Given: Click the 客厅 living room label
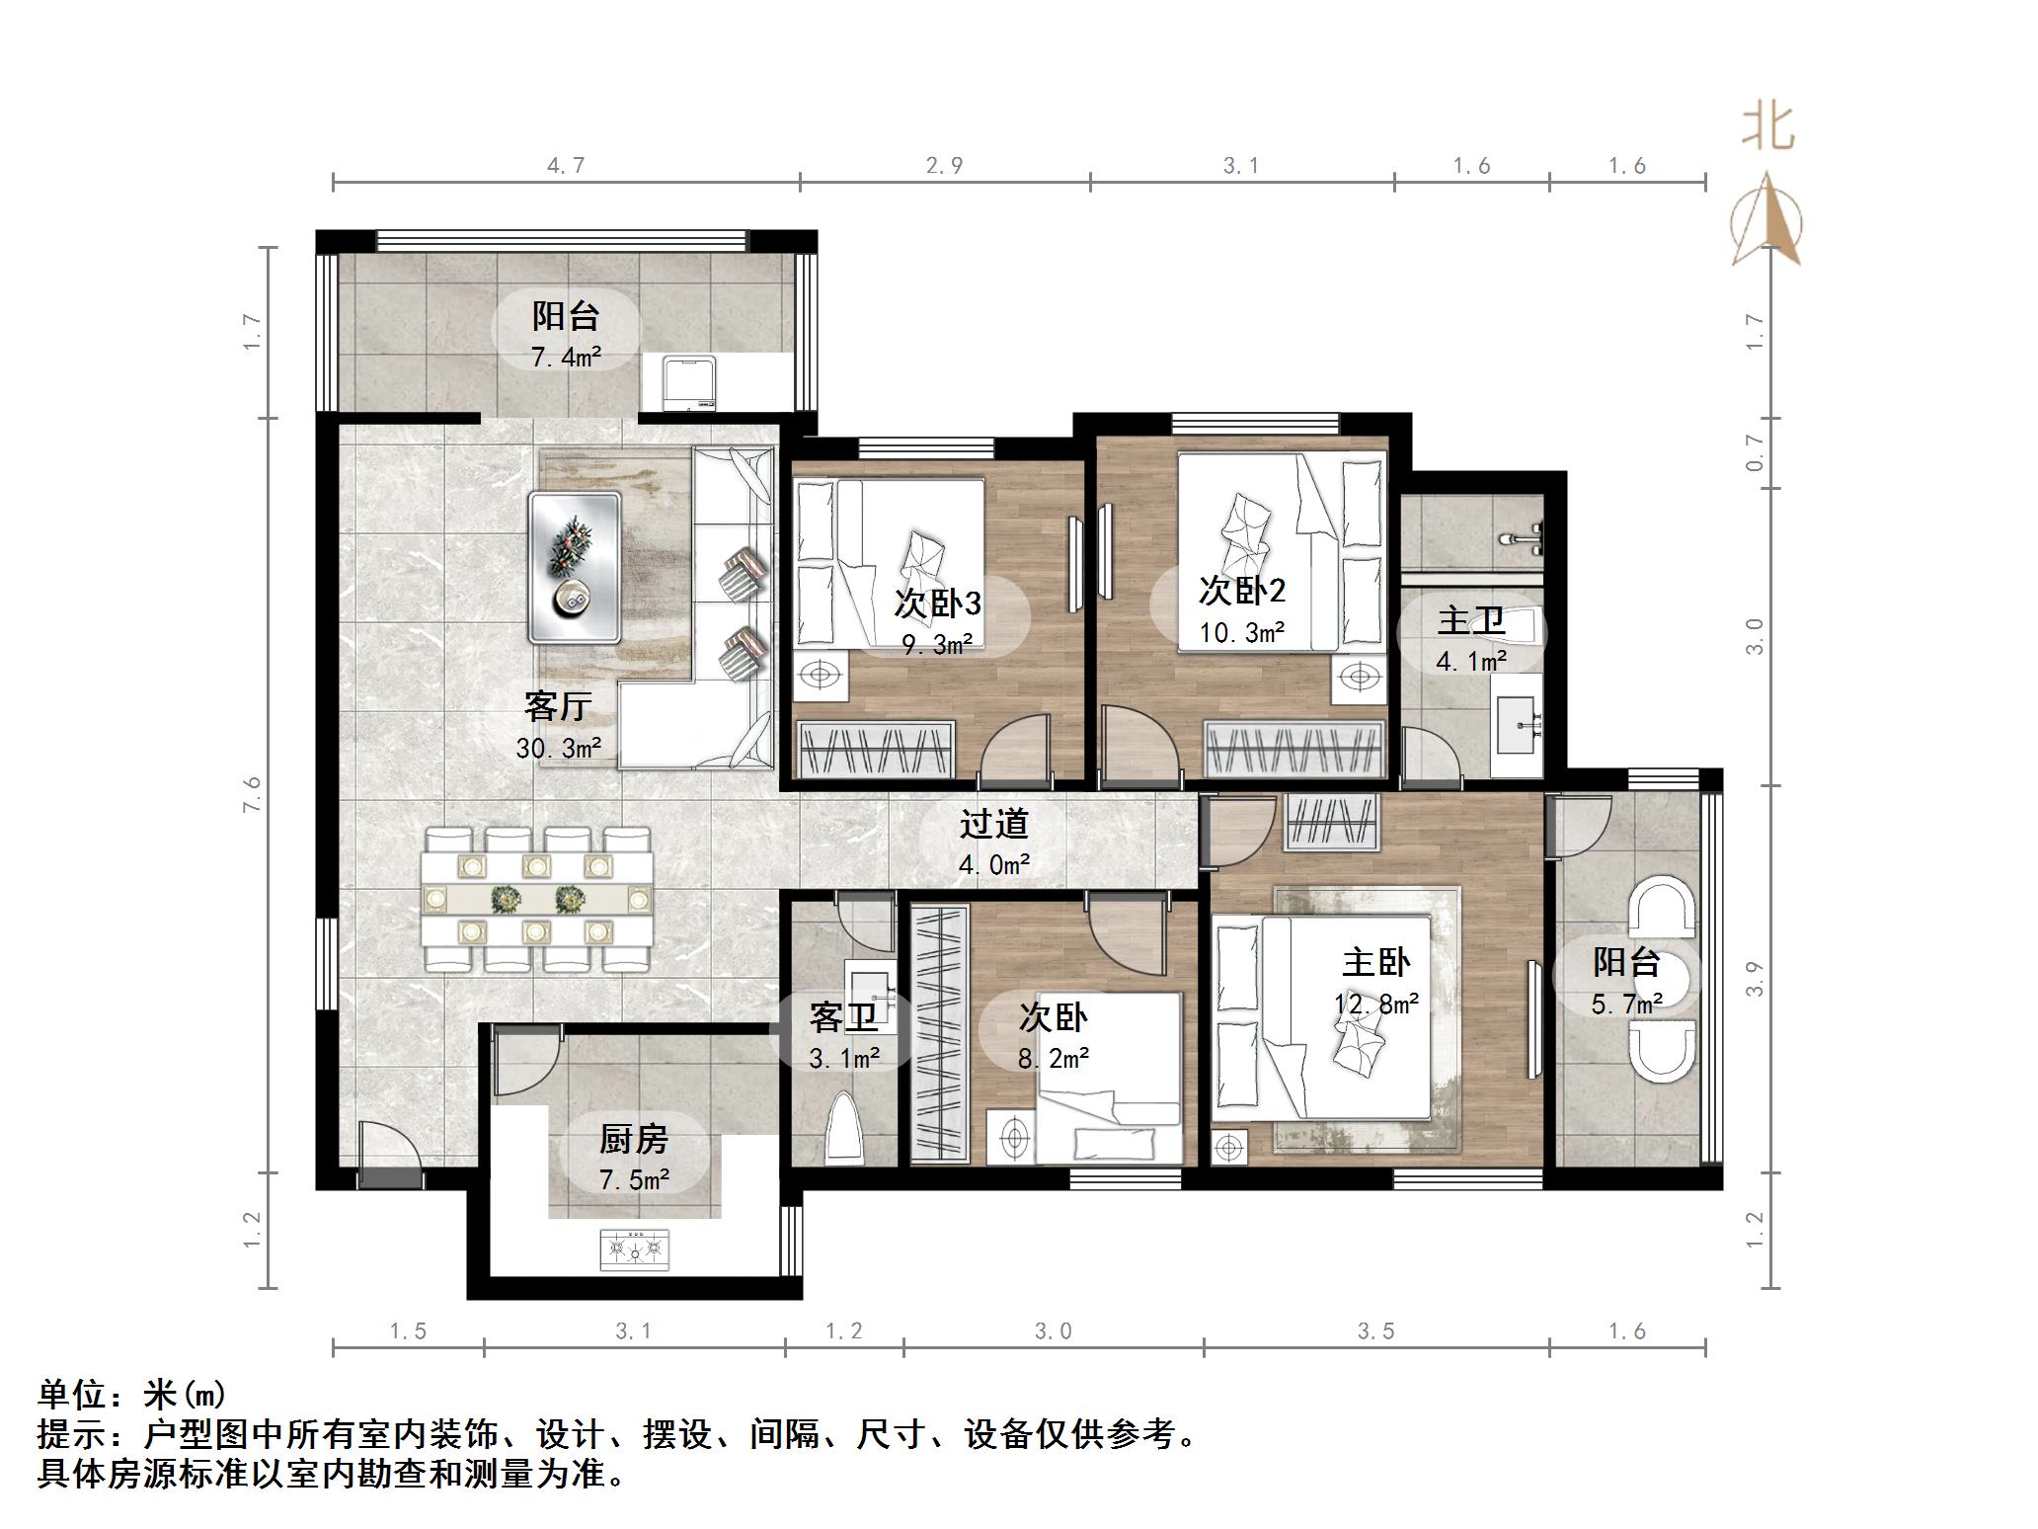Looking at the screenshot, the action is (558, 706).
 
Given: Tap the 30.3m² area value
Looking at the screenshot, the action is (558, 749).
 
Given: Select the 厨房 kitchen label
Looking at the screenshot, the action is (634, 1139).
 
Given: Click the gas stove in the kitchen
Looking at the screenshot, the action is (634, 1249).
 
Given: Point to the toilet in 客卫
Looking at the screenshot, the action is (843, 1126).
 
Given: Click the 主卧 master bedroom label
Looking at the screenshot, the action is (1376, 962).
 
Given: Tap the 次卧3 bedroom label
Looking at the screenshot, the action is (937, 603).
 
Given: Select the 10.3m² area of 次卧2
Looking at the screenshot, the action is (1242, 632).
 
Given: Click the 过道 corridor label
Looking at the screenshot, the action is (994, 824).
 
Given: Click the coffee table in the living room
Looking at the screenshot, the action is (576, 568).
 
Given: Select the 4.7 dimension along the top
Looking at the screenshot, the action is (566, 165).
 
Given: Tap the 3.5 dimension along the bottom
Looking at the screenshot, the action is (1375, 1331).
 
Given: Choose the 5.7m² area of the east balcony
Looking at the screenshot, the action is (1627, 1004).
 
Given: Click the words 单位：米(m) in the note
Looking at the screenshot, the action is (132, 1395).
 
